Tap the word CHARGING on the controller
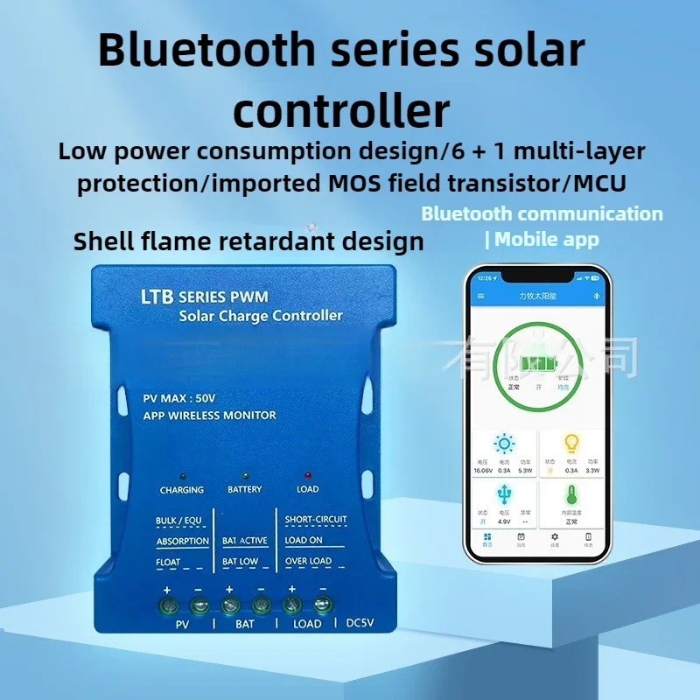182,490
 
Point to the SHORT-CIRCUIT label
316,520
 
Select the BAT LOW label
240,562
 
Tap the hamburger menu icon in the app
480,297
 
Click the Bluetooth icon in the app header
588,297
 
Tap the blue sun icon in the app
505,443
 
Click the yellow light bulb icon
573,443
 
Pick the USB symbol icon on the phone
505,495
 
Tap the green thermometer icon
573,495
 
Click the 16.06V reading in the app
483,470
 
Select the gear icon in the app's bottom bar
554,536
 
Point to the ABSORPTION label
182,542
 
